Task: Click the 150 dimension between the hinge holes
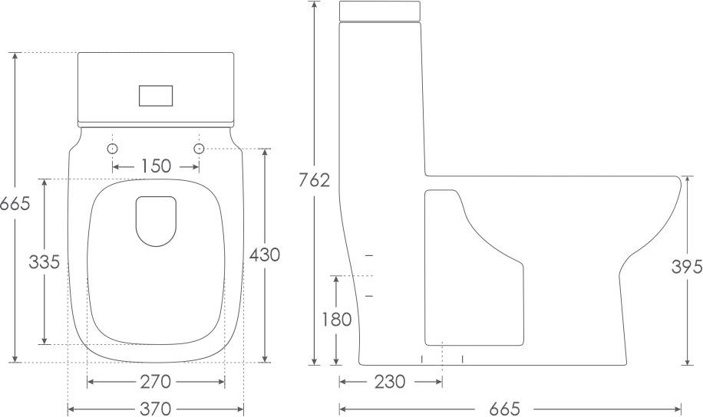[x=157, y=166]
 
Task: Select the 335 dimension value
[x=44, y=261]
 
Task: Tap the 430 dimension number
[x=265, y=254]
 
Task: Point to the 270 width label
[x=156, y=382]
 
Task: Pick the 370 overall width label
[x=156, y=409]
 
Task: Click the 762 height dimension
[x=315, y=180]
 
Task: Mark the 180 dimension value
[x=337, y=320]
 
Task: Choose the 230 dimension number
[x=390, y=382]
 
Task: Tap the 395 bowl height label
[x=687, y=267]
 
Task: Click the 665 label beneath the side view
[x=504, y=409]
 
